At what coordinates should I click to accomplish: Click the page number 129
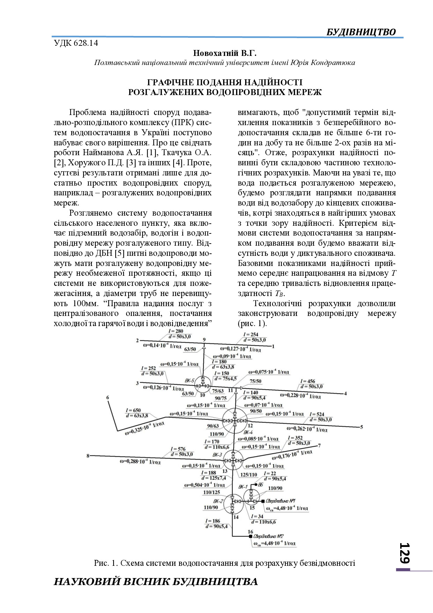click(x=404, y=553)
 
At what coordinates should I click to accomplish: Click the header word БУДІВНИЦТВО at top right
click(x=361, y=32)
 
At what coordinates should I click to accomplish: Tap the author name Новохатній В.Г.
click(x=225, y=53)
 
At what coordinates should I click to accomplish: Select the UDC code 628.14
click(x=76, y=43)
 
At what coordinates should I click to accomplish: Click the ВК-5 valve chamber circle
click(x=202, y=385)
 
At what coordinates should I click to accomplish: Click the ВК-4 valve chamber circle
click(x=235, y=420)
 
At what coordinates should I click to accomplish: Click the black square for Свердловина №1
click(x=263, y=501)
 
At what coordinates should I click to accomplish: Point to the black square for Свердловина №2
click(x=250, y=536)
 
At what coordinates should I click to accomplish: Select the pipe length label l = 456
click(x=308, y=381)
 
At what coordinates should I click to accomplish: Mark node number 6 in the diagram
click(x=108, y=397)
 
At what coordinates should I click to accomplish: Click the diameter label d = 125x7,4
click(x=214, y=478)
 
